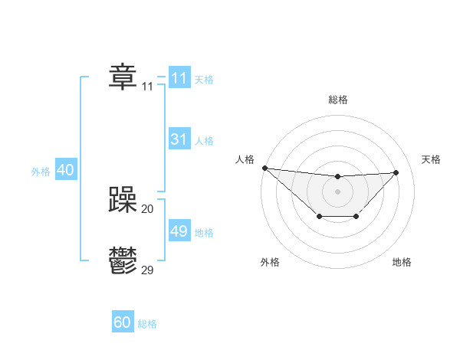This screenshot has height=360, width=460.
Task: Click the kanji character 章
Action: pyautogui.click(x=123, y=77)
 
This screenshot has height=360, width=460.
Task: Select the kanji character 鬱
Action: pyautogui.click(x=123, y=261)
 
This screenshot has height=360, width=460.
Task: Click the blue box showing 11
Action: pyautogui.click(x=179, y=78)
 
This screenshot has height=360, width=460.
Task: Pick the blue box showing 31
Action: pyautogui.click(x=179, y=139)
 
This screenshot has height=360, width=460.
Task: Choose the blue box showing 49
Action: pyautogui.click(x=179, y=231)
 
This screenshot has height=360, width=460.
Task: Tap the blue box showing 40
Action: pyautogui.click(x=65, y=170)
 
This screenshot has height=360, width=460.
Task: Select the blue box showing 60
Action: pyautogui.click(x=123, y=322)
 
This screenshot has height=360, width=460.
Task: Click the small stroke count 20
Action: pyautogui.click(x=148, y=208)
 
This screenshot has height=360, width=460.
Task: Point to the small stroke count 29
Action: pyautogui.click(x=148, y=270)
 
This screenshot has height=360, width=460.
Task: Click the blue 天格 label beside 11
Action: pyautogui.click(x=204, y=80)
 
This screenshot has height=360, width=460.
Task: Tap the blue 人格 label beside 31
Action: pyautogui.click(x=204, y=141)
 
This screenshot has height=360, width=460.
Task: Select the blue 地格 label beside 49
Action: pyautogui.click(x=204, y=233)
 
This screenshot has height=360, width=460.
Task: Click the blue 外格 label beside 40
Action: pyautogui.click(x=41, y=172)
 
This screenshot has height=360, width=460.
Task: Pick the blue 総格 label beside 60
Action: pyautogui.click(x=147, y=324)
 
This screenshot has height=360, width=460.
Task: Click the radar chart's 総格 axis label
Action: pyautogui.click(x=338, y=100)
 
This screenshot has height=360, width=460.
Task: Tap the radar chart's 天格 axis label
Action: pyautogui.click(x=432, y=159)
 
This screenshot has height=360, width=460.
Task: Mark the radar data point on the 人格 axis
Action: pyautogui.click(x=264, y=168)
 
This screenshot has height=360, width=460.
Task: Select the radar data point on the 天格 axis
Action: pyautogui.click(x=396, y=172)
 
